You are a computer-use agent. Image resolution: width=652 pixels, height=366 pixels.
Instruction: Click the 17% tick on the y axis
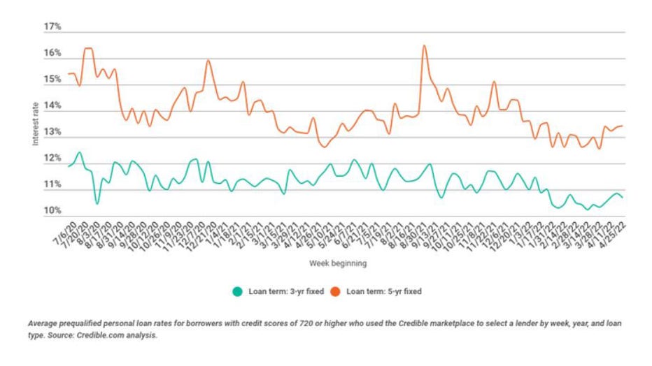click(52, 27)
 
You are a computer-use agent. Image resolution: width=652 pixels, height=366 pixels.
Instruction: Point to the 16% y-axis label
click(52, 54)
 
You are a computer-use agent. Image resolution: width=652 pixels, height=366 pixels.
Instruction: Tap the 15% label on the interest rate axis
click(52, 80)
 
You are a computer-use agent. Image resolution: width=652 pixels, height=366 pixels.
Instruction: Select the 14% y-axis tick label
click(52, 107)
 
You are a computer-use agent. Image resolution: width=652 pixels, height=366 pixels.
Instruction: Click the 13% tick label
click(52, 133)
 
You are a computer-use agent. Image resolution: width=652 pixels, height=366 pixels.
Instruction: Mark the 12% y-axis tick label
click(52, 159)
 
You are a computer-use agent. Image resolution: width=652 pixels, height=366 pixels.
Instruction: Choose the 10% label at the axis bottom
click(52, 212)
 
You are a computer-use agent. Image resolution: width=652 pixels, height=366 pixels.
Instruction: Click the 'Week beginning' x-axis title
click(336, 264)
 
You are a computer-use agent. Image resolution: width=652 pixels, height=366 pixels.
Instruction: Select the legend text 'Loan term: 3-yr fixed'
click(286, 291)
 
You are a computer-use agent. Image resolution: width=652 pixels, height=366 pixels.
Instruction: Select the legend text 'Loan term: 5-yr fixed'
click(384, 291)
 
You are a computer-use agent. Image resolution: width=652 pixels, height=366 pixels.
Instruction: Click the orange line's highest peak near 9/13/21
click(424, 46)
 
